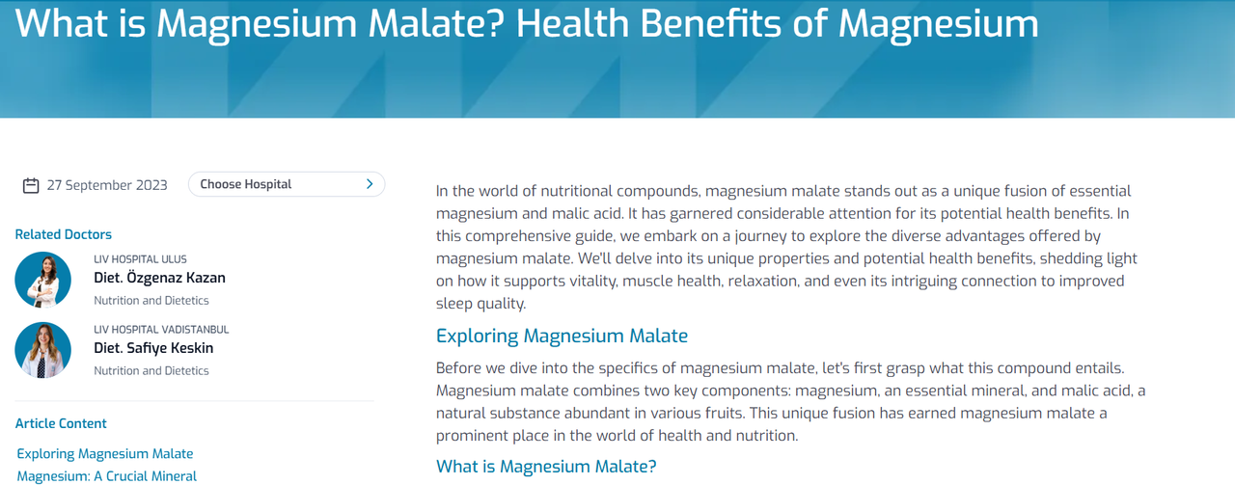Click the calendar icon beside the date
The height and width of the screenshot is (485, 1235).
pyautogui.click(x=31, y=186)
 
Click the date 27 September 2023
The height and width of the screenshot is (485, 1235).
pyautogui.click(x=107, y=185)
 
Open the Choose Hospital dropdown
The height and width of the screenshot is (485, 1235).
pyautogui.click(x=287, y=184)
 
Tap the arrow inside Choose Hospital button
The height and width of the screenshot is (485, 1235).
pyautogui.click(x=370, y=184)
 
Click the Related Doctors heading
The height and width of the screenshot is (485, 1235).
pyautogui.click(x=64, y=234)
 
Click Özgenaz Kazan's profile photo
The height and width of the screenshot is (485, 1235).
pyautogui.click(x=43, y=280)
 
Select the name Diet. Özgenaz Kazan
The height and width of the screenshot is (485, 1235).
pyautogui.click(x=159, y=278)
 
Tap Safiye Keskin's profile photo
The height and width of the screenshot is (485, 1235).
pyautogui.click(x=43, y=350)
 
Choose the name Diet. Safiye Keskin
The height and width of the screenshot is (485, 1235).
pyautogui.click(x=153, y=348)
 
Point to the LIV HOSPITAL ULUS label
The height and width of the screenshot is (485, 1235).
pyautogui.click(x=140, y=259)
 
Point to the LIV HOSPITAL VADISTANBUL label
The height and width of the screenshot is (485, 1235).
pyautogui.click(x=161, y=330)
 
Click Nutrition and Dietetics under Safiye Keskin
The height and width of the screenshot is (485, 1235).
pyautogui.click(x=151, y=371)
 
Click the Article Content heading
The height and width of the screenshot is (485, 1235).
pyautogui.click(x=61, y=423)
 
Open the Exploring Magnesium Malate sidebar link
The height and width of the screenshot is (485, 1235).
pyautogui.click(x=105, y=453)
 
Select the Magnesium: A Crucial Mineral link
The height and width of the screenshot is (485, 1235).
pyautogui.click(x=106, y=476)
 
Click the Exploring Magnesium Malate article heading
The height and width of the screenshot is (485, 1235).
pyautogui.click(x=562, y=336)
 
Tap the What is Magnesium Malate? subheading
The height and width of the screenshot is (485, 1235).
pyautogui.click(x=546, y=467)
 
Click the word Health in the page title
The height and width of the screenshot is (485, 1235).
pyautogui.click(x=573, y=23)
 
